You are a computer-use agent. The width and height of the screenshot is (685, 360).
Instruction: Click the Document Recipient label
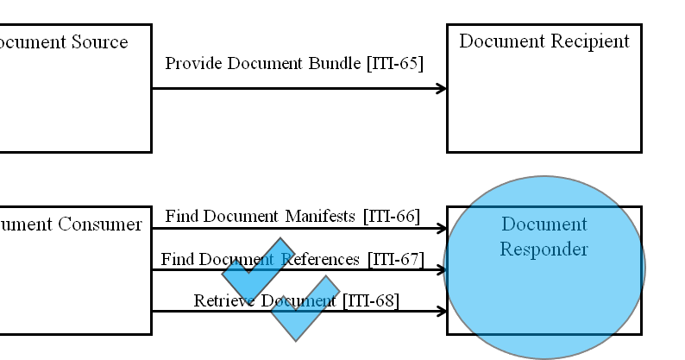pyautogui.click(x=544, y=41)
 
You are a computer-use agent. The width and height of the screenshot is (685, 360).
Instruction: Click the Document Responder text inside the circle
pyautogui.click(x=544, y=237)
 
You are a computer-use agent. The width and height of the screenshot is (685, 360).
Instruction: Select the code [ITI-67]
pyautogui.click(x=395, y=259)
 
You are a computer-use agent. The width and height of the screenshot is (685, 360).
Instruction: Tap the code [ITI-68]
pyautogui.click(x=371, y=301)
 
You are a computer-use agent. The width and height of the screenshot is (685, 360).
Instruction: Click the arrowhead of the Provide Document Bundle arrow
pyautogui.click(x=442, y=88)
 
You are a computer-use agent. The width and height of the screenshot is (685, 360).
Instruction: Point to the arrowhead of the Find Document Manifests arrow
pyautogui.click(x=442, y=229)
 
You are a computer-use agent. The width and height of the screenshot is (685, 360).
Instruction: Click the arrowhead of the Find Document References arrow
pyautogui.click(x=442, y=270)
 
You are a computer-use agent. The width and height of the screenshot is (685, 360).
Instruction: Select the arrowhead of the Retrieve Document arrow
pyautogui.click(x=442, y=312)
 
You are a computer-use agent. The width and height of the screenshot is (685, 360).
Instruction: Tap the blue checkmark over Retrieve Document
pyautogui.click(x=304, y=309)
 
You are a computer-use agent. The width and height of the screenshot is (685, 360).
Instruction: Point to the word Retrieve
pyautogui.click(x=224, y=301)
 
